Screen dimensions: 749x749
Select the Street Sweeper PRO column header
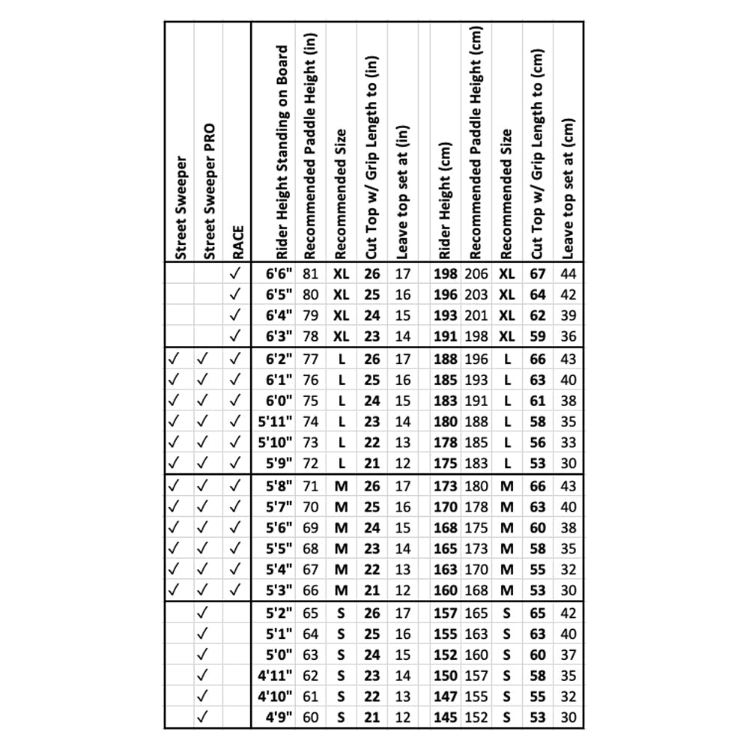tap(209, 191)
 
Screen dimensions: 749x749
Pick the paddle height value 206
tap(476, 274)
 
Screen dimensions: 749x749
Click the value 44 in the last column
tap(568, 274)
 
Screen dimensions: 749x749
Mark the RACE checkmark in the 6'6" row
tap(236, 274)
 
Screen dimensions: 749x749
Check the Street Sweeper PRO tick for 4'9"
tap(202, 717)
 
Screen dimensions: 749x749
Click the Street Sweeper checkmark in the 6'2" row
tap(175, 359)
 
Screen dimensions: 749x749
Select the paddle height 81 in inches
tap(311, 274)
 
